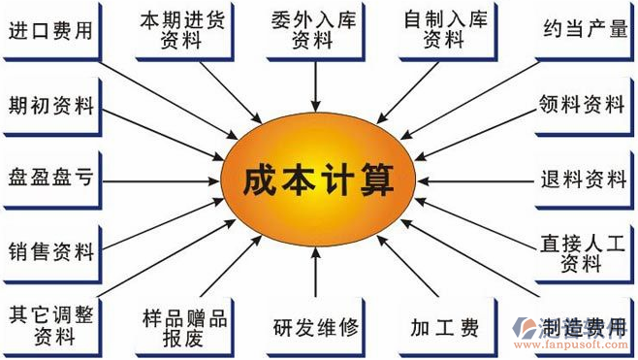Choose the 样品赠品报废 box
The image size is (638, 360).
183,326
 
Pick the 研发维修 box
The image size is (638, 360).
316,327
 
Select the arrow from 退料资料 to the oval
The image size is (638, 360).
475,180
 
